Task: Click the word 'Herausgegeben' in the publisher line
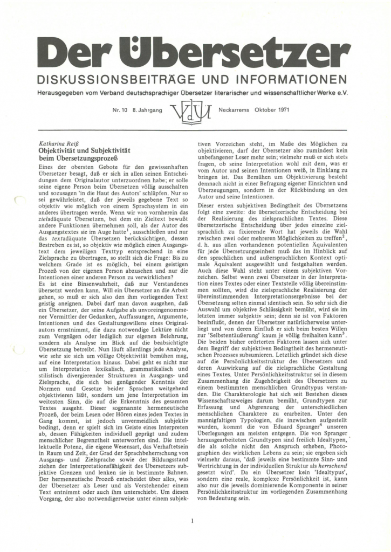click(x=59, y=92)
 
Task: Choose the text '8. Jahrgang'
click(x=147, y=109)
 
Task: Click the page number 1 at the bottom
click(x=192, y=521)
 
